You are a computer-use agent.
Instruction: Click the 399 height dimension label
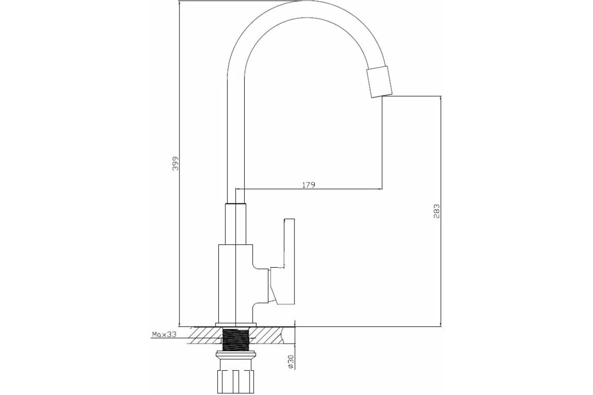[176, 163]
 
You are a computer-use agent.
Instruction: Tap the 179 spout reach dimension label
[309, 185]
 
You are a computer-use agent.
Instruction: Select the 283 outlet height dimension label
[436, 211]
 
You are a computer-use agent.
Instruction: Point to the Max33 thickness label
[164, 334]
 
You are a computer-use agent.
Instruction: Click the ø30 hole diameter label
[291, 361]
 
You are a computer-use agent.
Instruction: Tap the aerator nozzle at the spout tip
[379, 82]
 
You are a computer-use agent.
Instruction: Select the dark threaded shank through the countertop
[236, 339]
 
